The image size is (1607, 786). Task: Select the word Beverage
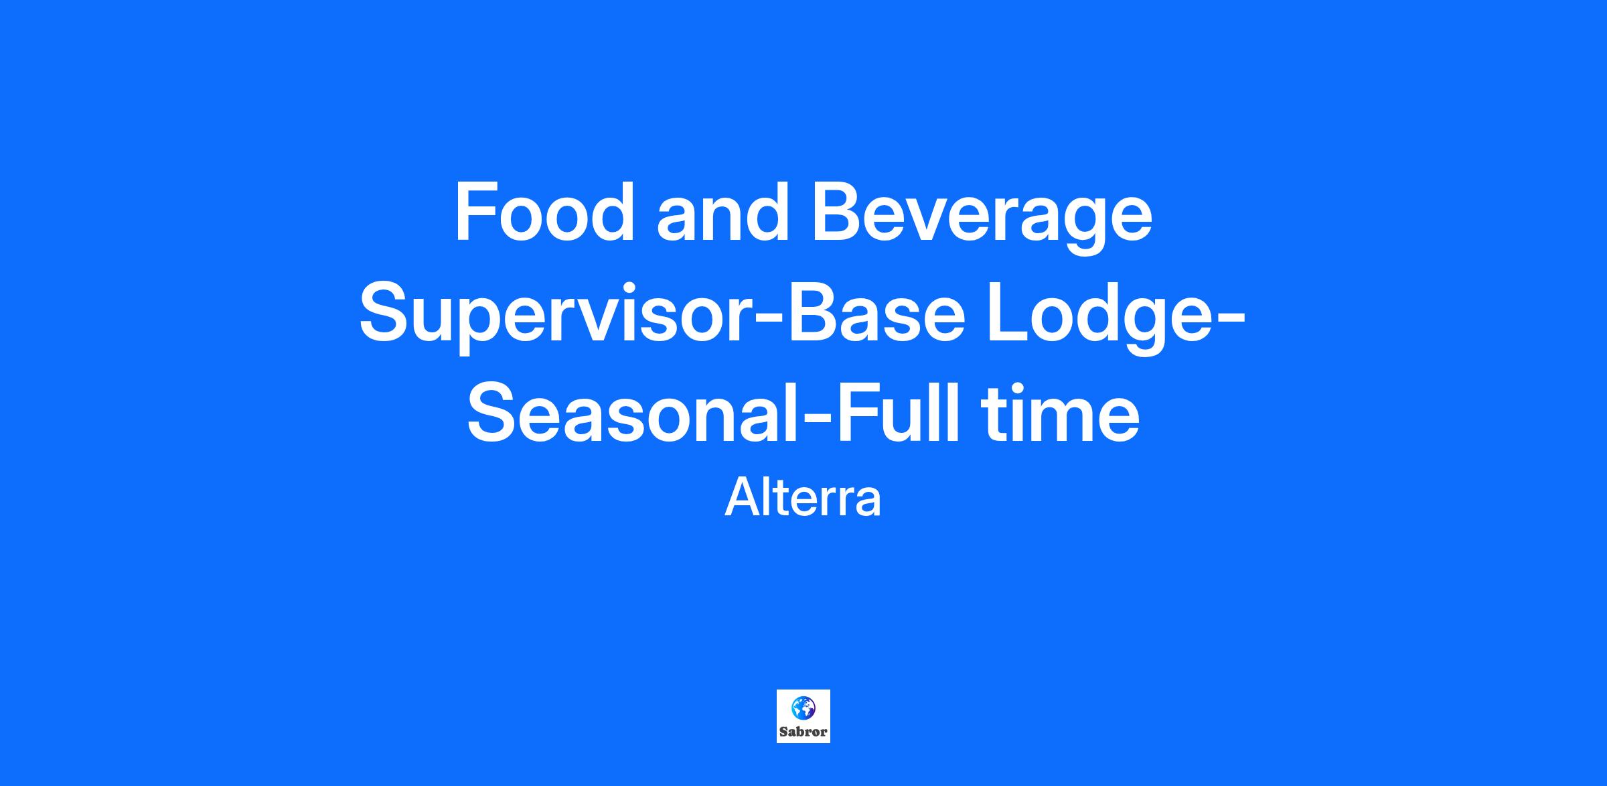click(982, 218)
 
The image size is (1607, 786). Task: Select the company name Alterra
click(803, 497)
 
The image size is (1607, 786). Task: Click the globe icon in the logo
click(803, 708)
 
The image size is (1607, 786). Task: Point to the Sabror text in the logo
click(803, 732)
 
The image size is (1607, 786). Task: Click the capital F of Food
click(477, 212)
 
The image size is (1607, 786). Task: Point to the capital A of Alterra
click(742, 497)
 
